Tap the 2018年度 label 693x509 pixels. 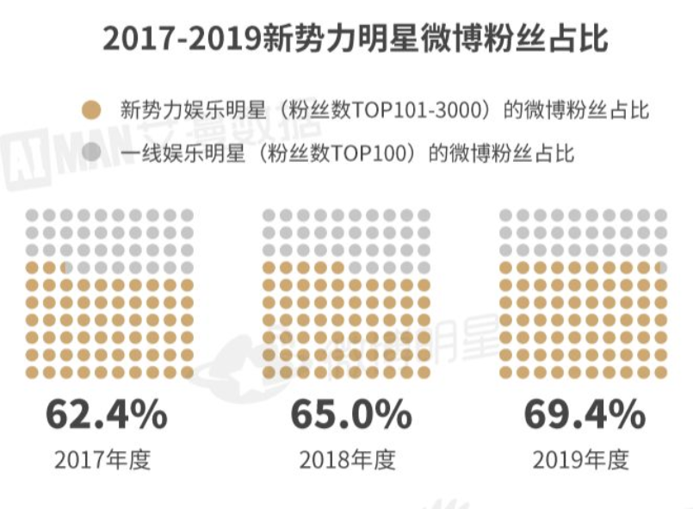pos(347,459)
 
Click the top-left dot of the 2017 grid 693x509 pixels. pos(32,215)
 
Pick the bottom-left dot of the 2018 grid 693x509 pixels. pos(269,371)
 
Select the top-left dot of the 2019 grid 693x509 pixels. pos(506,215)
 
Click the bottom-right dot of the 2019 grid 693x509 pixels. pos(661,371)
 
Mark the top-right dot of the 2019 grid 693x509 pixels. pos(661,215)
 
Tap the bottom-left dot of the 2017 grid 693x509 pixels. pos(32,371)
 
